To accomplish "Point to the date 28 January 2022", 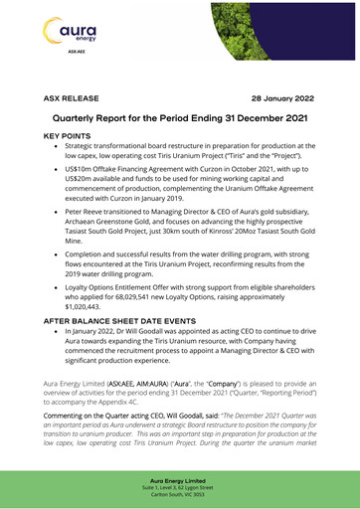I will [282, 100].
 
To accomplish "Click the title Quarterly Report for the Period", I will [179, 118].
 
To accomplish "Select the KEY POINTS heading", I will [73, 134].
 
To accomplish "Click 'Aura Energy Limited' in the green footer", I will [180, 479].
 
